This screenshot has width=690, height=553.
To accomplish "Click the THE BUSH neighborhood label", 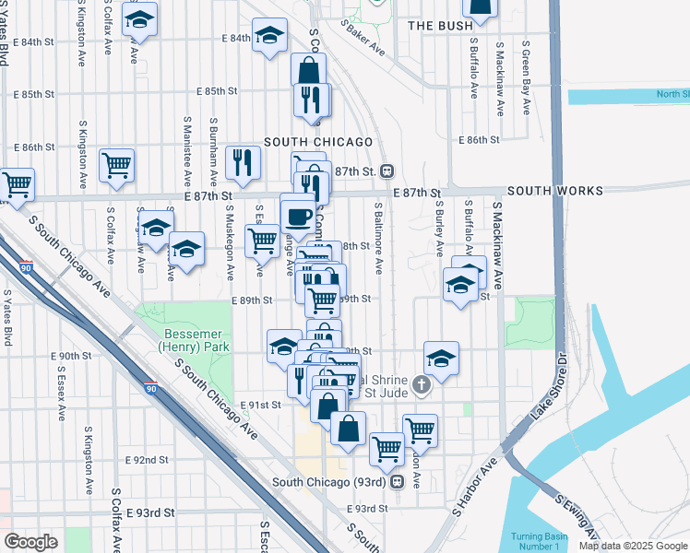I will tap(440, 26).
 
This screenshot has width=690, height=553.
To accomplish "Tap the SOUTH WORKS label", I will tap(554, 191).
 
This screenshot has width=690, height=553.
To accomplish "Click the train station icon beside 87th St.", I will tap(387, 171).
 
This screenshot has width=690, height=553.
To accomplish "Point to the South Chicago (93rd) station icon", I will tap(398, 481).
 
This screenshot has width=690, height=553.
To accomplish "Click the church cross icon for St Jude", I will tap(422, 384).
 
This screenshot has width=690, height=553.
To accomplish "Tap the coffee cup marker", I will tap(297, 216).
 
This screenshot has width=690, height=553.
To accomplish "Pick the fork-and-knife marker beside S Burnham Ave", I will tap(243, 161).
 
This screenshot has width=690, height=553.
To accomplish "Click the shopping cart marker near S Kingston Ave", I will tap(117, 165).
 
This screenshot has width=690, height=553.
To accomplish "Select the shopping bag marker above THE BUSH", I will tap(480, 7).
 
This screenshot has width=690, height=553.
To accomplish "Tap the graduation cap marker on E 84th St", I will tap(269, 36).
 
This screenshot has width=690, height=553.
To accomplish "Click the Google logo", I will tap(30, 542).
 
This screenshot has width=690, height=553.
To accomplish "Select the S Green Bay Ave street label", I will tap(526, 77).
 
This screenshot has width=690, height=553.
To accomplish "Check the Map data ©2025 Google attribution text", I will tap(633, 546).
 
